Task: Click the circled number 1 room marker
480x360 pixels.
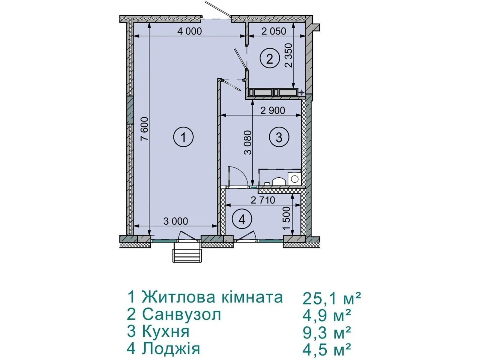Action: click(x=183, y=137)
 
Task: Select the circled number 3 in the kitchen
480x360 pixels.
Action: click(x=279, y=137)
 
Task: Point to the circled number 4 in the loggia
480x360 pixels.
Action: click(x=242, y=220)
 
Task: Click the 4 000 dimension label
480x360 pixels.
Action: click(x=189, y=31)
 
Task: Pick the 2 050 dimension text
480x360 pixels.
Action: click(x=274, y=31)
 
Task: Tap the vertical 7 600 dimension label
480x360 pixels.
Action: click(x=145, y=129)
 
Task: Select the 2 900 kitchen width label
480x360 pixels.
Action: click(x=273, y=111)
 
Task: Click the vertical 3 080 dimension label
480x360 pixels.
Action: click(x=248, y=143)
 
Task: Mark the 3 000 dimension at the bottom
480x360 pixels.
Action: click(x=175, y=221)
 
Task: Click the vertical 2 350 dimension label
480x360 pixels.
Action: click(x=289, y=55)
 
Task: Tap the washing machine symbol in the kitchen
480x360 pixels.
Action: click(x=294, y=179)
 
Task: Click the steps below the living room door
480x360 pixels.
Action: click(x=187, y=252)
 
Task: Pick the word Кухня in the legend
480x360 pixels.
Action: click(x=166, y=331)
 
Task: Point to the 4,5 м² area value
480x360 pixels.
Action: click(x=327, y=349)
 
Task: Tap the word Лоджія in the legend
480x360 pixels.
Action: click(x=171, y=349)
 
